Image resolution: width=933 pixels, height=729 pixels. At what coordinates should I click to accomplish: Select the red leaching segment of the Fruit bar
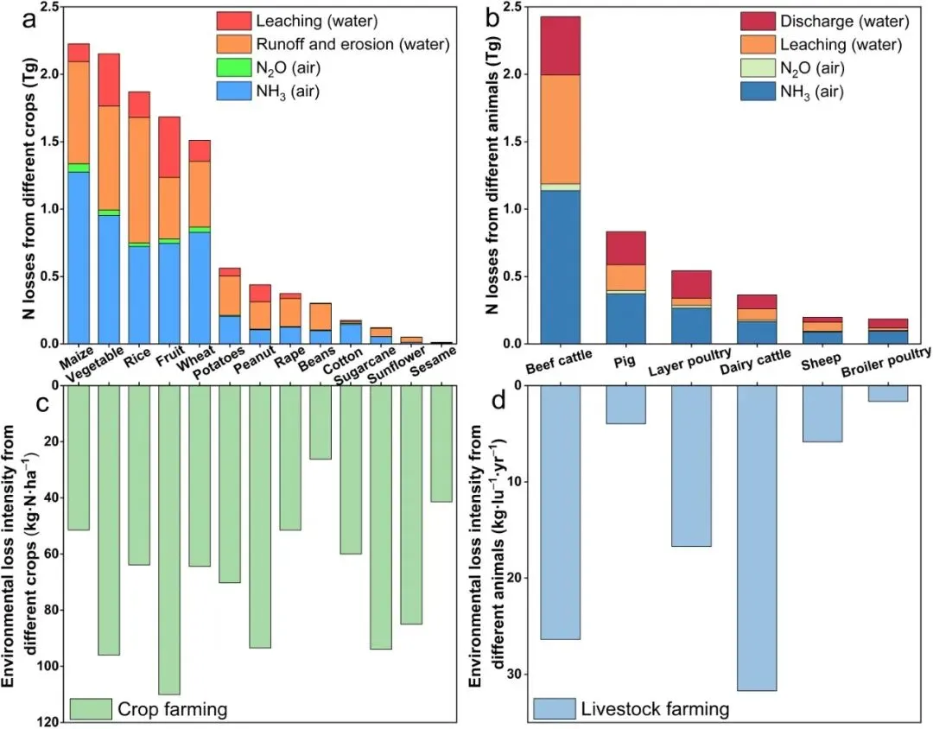point(169,147)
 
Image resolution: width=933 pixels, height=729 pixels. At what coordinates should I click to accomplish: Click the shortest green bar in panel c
point(321,422)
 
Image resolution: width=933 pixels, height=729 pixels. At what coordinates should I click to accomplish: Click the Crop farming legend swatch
point(90,709)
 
